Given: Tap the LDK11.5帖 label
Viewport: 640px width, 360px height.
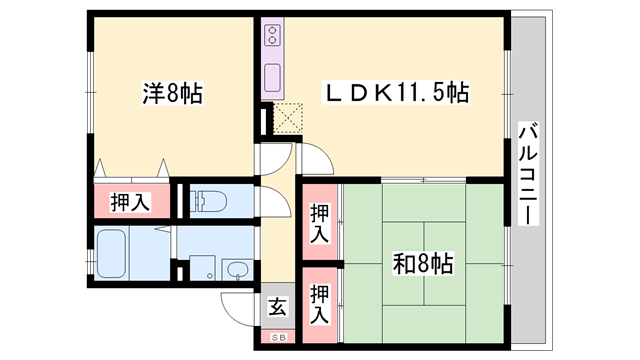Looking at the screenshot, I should [396, 94].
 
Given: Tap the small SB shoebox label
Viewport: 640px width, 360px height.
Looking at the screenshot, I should [278, 336].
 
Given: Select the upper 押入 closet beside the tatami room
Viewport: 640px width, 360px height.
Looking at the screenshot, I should [320, 221].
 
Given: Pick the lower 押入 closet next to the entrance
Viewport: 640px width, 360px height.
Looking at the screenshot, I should [320, 301].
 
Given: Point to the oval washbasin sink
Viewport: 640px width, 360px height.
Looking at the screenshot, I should [238, 270].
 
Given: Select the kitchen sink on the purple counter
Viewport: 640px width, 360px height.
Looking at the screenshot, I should [273, 77].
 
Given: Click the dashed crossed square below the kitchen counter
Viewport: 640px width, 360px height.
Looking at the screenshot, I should [287, 118].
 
